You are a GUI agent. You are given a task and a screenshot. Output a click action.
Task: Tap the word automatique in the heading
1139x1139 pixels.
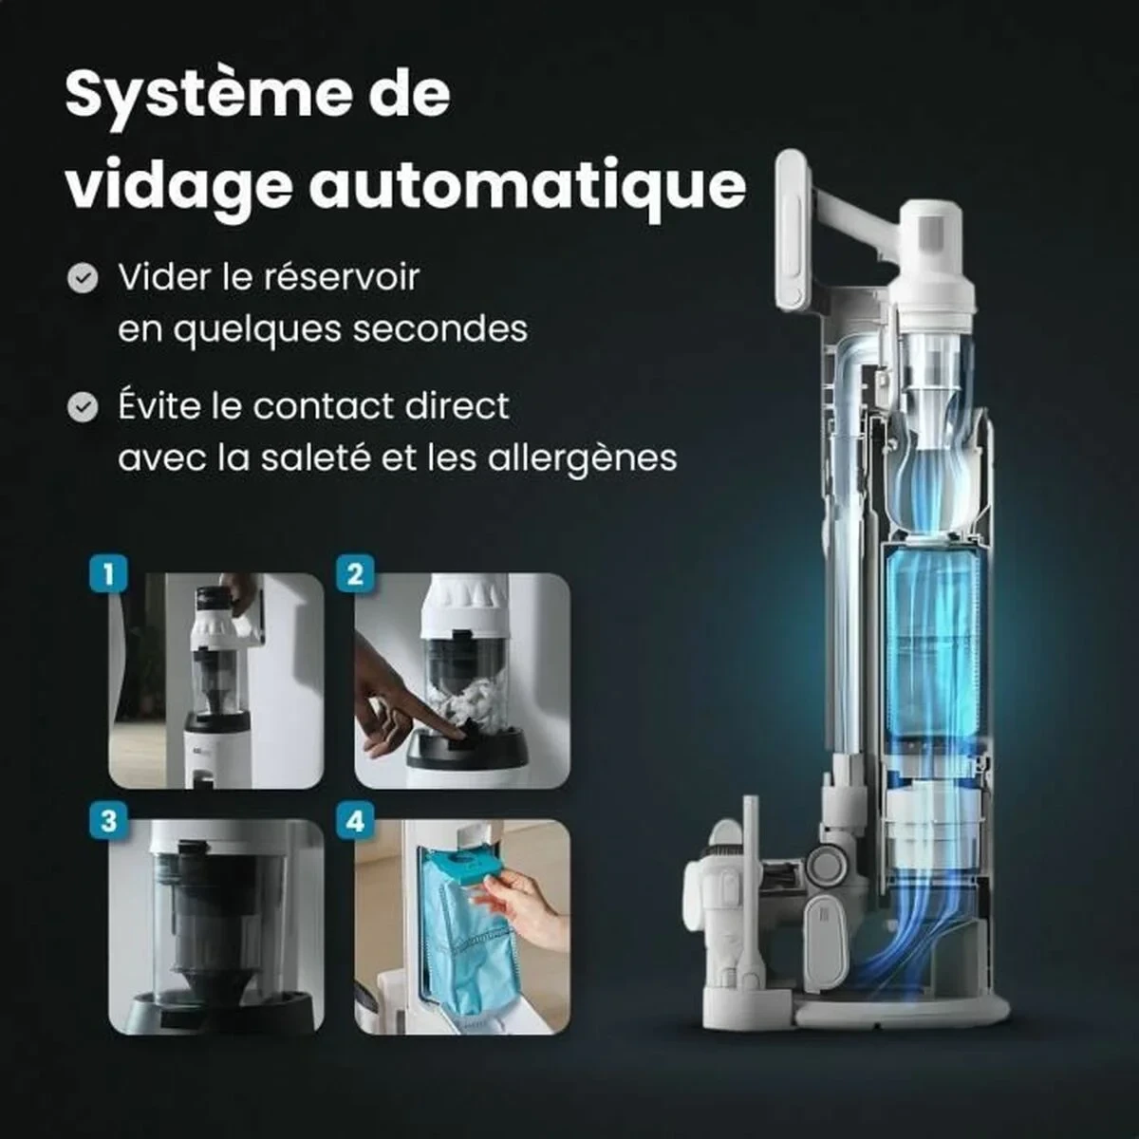[x=528, y=185]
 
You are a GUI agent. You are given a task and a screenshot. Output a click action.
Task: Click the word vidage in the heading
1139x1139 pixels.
[x=177, y=185]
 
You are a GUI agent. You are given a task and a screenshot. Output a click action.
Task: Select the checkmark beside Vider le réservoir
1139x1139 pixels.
[x=84, y=278]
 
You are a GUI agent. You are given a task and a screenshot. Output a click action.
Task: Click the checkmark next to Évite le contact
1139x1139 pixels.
[x=84, y=407]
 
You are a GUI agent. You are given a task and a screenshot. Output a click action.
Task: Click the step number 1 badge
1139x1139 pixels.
[x=108, y=574]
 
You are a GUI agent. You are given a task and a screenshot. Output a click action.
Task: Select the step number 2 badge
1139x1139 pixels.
[x=355, y=574]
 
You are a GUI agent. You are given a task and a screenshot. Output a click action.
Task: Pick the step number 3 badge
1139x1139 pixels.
[x=108, y=820]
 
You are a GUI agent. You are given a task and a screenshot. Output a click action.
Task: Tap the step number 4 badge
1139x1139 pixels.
[x=355, y=820]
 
